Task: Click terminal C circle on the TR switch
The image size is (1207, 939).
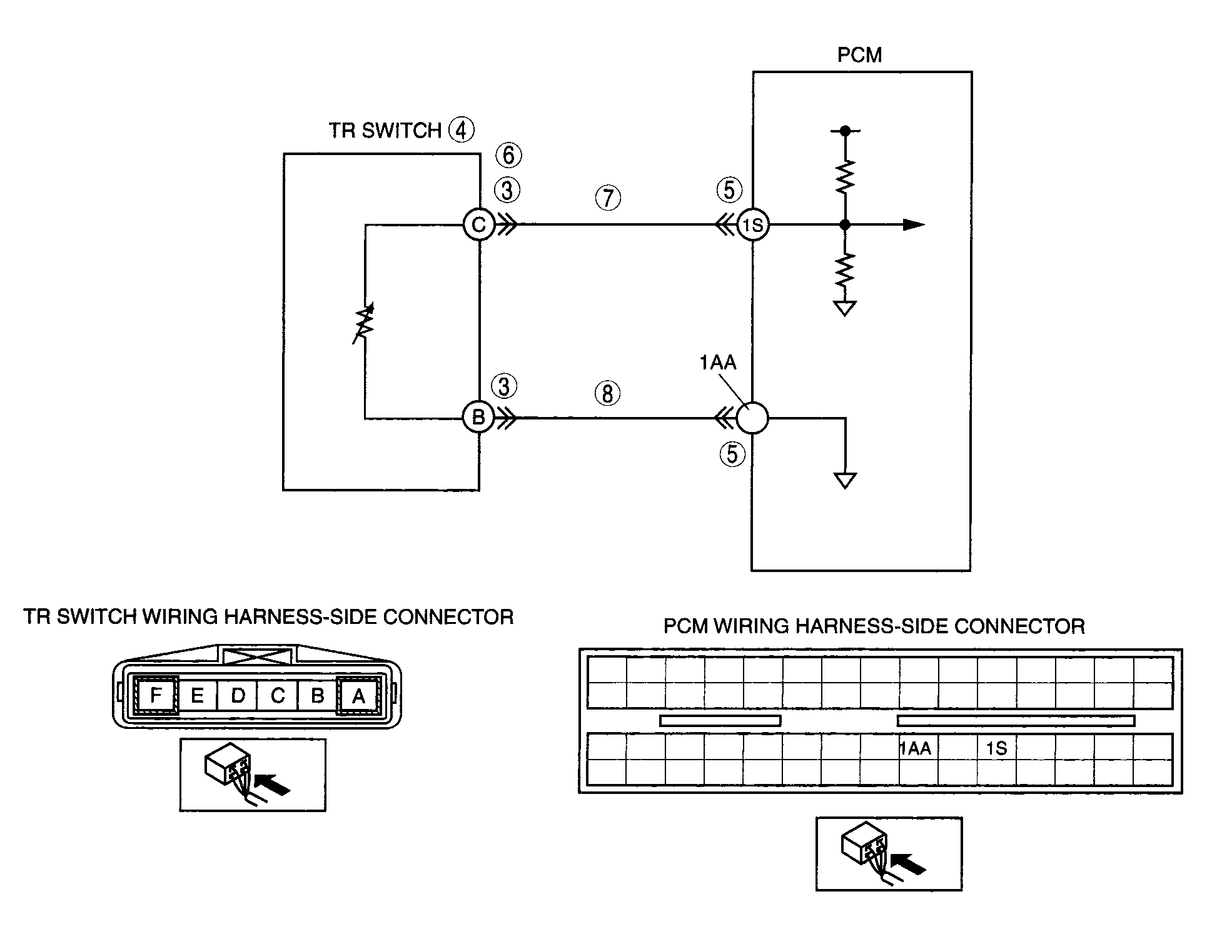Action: tap(479, 224)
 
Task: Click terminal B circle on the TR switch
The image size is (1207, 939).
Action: tap(478, 417)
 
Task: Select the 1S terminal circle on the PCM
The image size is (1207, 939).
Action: tap(753, 225)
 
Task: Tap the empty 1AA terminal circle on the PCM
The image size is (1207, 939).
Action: tap(752, 417)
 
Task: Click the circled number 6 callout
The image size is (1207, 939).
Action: tap(508, 155)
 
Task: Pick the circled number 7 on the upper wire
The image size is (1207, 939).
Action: tap(608, 199)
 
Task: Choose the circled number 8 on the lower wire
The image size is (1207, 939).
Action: tap(607, 394)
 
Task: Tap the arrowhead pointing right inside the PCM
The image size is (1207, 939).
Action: tap(914, 225)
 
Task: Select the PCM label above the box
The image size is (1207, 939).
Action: tap(859, 55)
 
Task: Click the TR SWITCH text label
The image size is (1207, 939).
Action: tap(385, 131)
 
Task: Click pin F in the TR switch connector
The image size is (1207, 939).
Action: tap(156, 695)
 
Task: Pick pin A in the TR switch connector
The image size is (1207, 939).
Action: tap(359, 695)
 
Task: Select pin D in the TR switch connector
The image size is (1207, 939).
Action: tap(238, 695)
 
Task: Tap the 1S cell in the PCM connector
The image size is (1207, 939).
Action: tap(997, 748)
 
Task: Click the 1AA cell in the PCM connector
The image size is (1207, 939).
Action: tap(916, 748)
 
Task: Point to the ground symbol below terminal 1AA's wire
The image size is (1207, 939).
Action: tap(845, 481)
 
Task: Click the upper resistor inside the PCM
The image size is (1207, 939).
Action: tap(845, 176)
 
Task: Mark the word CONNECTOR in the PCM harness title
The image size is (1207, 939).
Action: tap(1021, 626)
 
